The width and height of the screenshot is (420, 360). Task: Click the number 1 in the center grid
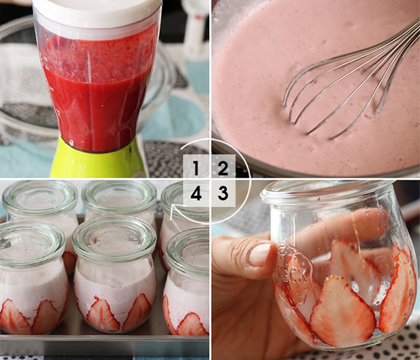[196, 168]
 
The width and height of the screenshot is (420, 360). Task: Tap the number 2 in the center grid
[223, 168]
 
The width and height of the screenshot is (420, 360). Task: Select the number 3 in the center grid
[223, 193]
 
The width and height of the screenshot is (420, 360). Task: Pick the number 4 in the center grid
[196, 193]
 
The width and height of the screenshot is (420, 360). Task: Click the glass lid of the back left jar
[40, 197]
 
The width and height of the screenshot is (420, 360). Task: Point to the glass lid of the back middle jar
[119, 197]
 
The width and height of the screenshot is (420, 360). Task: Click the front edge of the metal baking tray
[104, 345]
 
